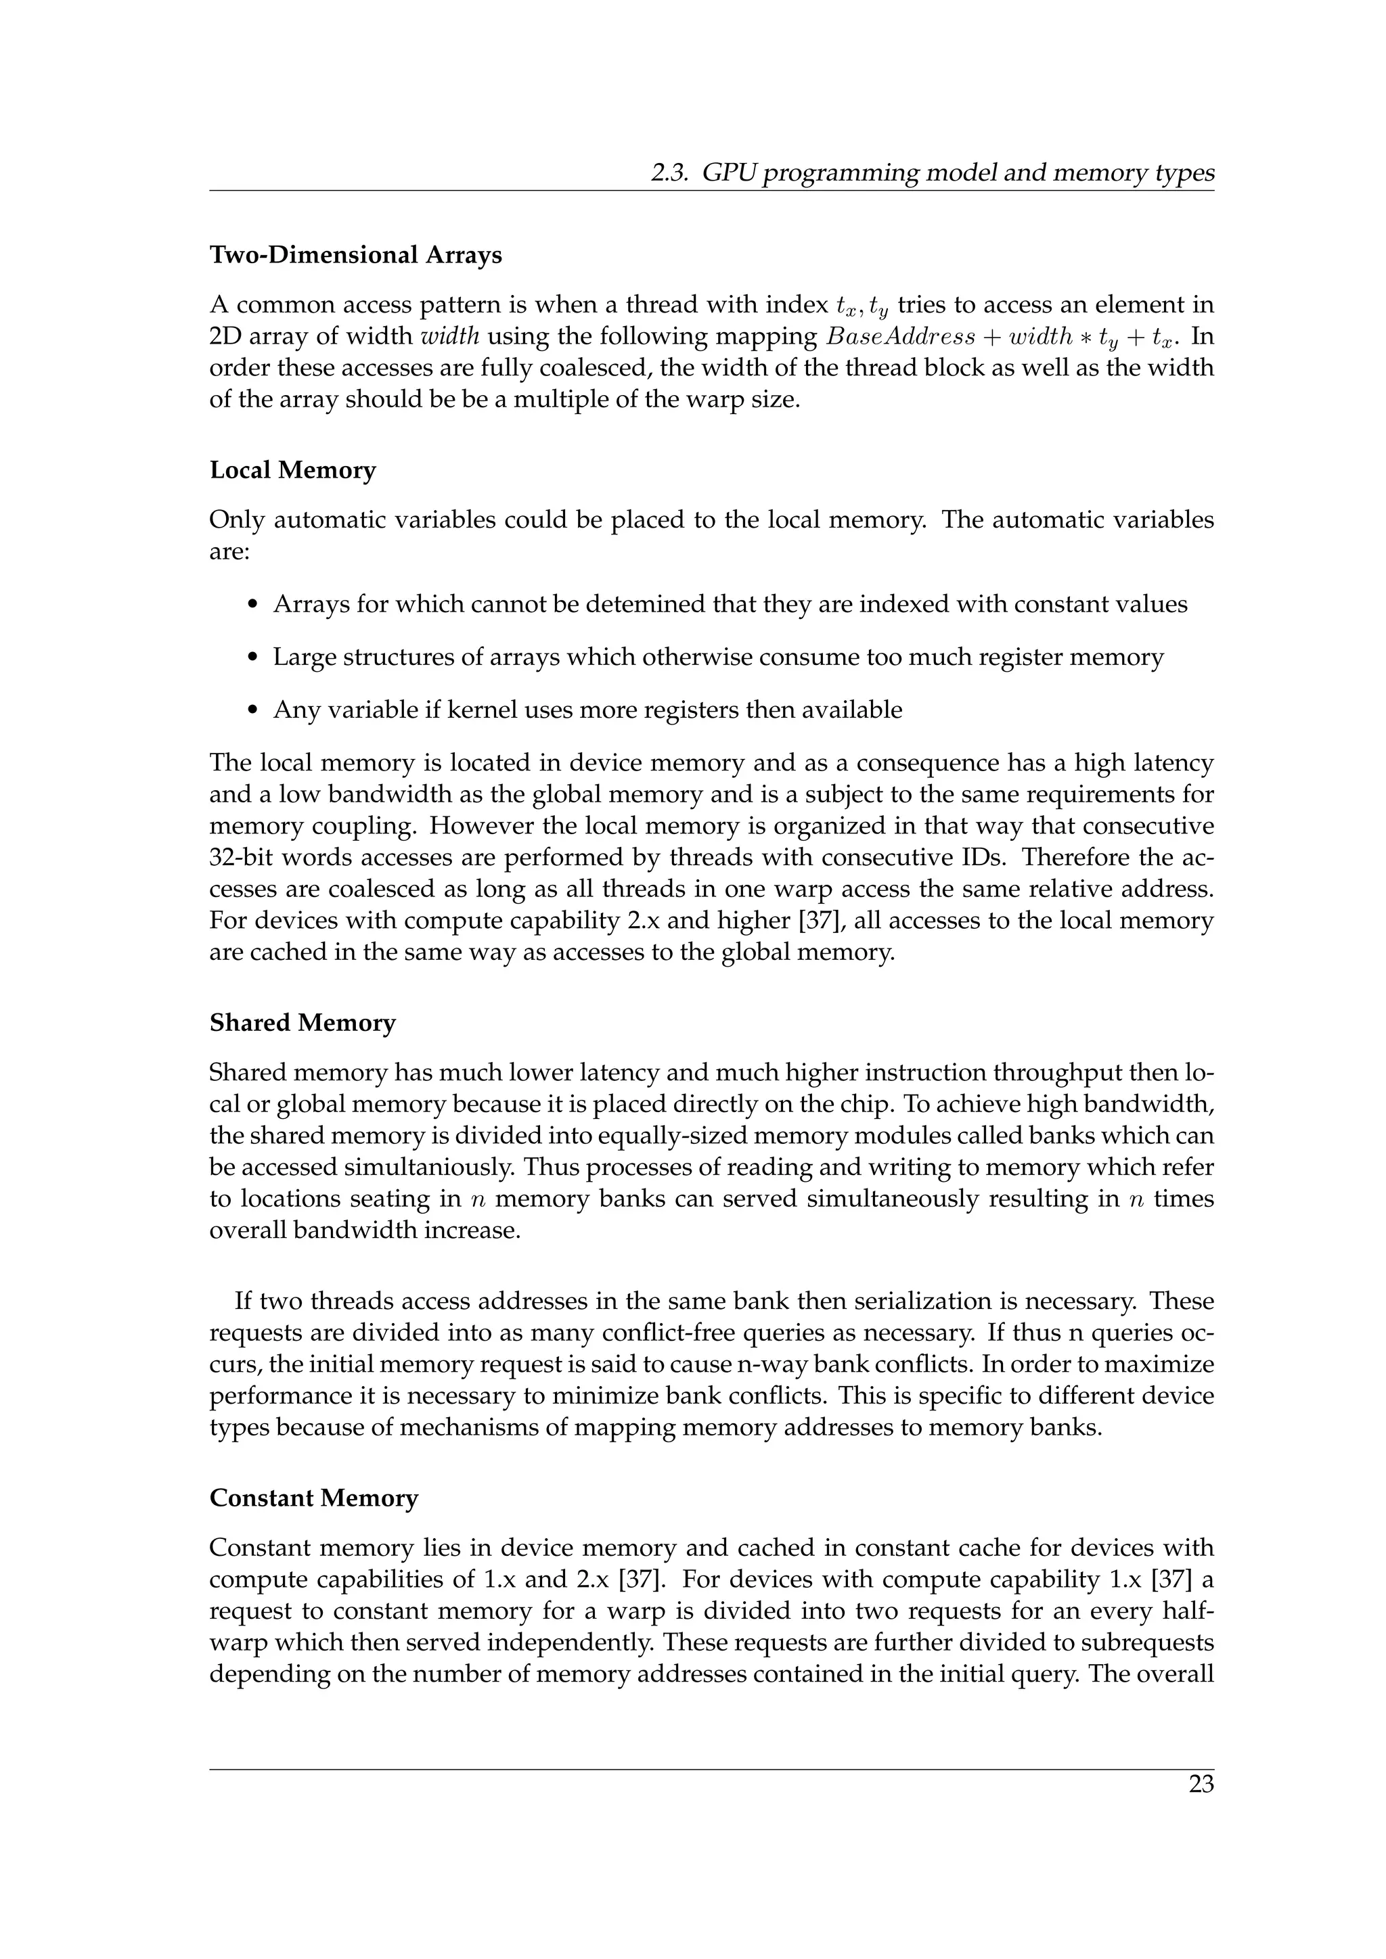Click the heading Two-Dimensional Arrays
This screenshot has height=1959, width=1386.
tap(355, 255)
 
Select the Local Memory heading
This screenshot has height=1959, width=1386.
tap(293, 470)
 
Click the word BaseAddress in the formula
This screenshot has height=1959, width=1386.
tap(900, 337)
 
